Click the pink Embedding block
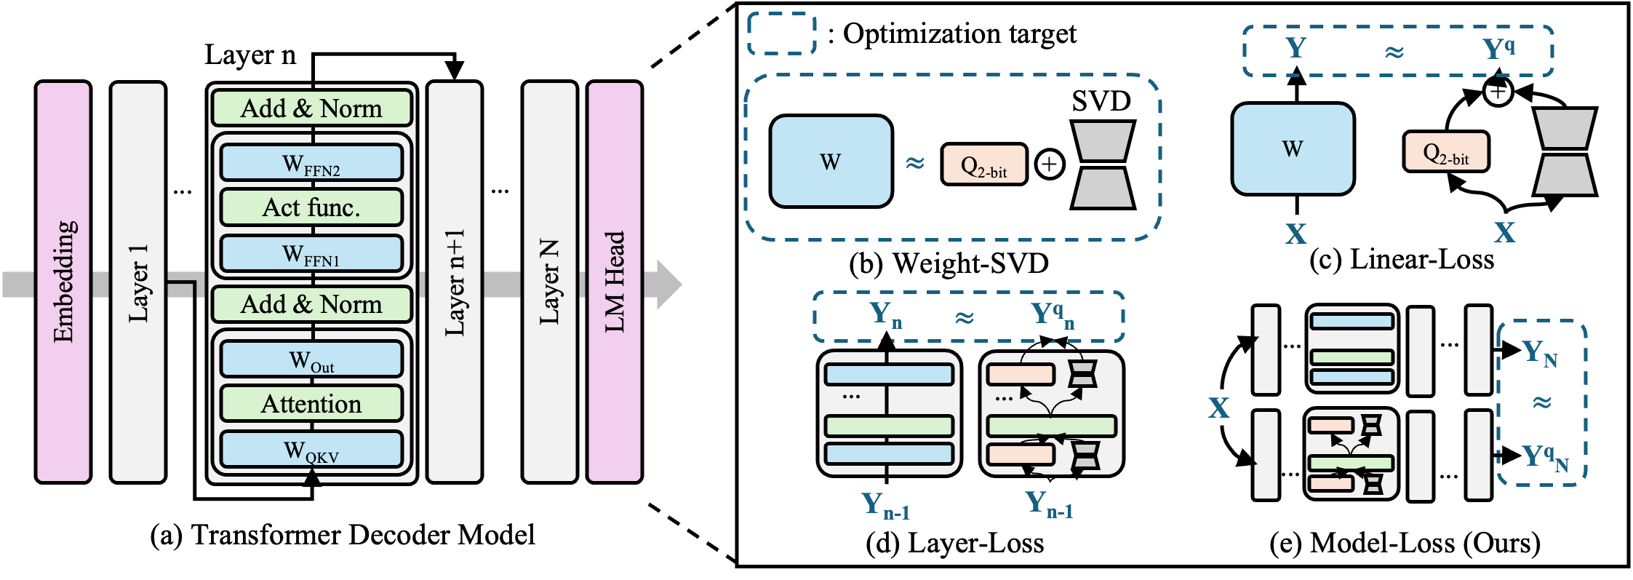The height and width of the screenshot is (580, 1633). point(63,282)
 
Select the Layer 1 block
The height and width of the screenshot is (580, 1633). point(138,282)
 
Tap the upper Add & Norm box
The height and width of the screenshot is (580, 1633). point(311,108)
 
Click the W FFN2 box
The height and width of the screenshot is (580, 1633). point(311,163)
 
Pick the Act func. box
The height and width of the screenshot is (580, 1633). point(311,207)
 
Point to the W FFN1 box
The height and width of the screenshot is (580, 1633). point(311,253)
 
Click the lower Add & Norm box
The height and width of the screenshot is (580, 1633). point(311,304)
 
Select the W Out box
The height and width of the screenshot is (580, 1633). point(311,359)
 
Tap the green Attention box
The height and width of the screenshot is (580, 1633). point(311,404)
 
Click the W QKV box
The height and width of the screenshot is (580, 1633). point(311,450)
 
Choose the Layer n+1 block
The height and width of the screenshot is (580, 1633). point(455,282)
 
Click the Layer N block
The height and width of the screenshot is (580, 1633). point(549,282)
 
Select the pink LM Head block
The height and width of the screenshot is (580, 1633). point(615,282)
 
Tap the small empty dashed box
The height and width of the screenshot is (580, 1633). point(782,33)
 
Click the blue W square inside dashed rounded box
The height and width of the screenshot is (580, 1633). point(831,161)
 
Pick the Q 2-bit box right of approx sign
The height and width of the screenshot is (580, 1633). point(984,164)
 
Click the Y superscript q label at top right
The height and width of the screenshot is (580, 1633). point(1498,49)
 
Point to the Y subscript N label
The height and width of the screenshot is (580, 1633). point(1539,354)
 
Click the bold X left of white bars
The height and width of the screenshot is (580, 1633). point(1219,408)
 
